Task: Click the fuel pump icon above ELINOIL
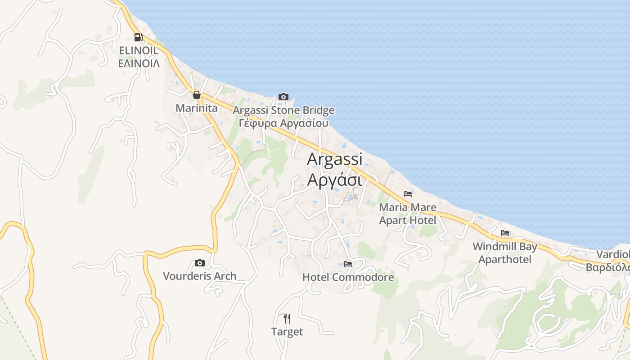(x=138, y=37)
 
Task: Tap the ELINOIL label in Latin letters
(x=139, y=50)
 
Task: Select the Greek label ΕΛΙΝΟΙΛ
(x=139, y=63)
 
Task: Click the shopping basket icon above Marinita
(x=196, y=95)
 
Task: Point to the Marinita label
(x=196, y=108)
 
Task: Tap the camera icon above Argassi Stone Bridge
(x=283, y=97)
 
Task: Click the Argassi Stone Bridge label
(x=283, y=110)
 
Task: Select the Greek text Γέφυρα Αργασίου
(x=283, y=123)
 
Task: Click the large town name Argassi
(x=334, y=159)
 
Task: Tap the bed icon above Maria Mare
(x=408, y=194)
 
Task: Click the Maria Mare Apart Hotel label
(x=408, y=214)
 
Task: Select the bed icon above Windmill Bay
(x=505, y=233)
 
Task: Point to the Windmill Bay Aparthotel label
(x=505, y=253)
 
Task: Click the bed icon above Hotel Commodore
(x=348, y=264)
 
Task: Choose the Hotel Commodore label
(x=348, y=277)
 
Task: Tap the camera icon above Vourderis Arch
(x=199, y=263)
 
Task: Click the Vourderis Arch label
(x=199, y=276)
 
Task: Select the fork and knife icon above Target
(x=287, y=319)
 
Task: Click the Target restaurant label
(x=287, y=332)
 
